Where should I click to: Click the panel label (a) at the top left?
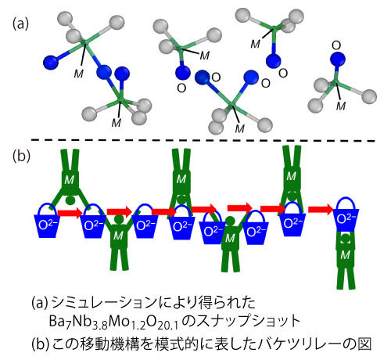click(21, 24)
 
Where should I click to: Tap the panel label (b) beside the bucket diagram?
click(21, 157)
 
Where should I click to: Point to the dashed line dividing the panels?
click(203, 141)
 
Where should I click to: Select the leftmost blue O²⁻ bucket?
click(48, 221)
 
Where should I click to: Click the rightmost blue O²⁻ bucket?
click(346, 214)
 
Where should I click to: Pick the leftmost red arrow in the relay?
click(70, 213)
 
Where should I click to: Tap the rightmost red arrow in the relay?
click(321, 209)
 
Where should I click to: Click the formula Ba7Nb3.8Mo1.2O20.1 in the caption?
click(113, 322)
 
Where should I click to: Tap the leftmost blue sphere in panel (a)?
click(50, 63)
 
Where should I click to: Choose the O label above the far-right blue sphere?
click(336, 45)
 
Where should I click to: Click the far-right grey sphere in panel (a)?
click(369, 97)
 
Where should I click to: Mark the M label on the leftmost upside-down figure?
click(69, 180)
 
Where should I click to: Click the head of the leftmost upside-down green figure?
click(70, 200)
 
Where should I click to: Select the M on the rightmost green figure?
click(346, 254)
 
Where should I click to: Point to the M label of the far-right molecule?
click(341, 106)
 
